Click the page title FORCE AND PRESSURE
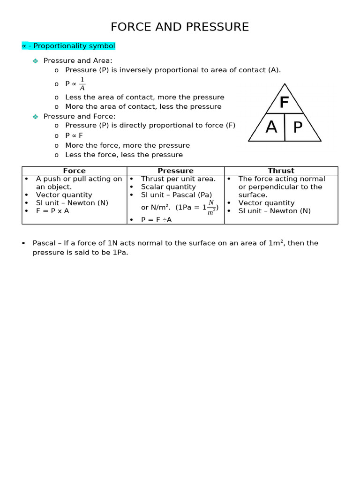[x=180, y=27]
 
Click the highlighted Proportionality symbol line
[x=68, y=46]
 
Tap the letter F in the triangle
[x=284, y=103]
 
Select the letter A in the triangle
[x=271, y=127]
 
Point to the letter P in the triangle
[x=298, y=127]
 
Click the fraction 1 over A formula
[x=82, y=84]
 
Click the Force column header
[x=74, y=171]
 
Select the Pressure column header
[x=175, y=171]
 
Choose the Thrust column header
[x=281, y=171]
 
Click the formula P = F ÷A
[x=156, y=219]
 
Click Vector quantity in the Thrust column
[x=266, y=203]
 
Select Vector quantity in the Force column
[x=64, y=195]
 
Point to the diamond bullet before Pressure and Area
[x=35, y=61]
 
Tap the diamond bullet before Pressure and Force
[x=35, y=117]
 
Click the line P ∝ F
[x=74, y=135]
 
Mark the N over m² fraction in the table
[x=211, y=207]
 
